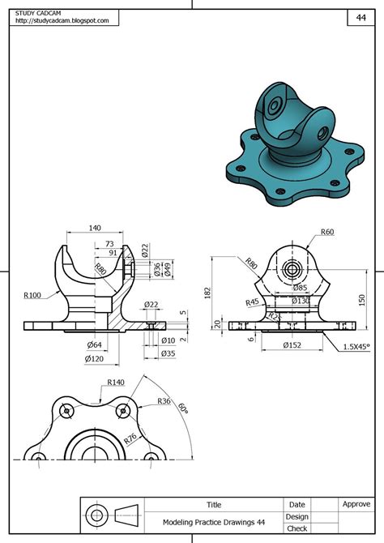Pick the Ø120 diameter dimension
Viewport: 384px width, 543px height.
coord(96,357)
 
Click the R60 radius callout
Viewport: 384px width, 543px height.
coord(327,232)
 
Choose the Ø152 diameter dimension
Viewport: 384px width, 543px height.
coord(291,345)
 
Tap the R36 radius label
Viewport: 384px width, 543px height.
coord(164,401)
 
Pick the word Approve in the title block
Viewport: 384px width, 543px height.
coord(356,504)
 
